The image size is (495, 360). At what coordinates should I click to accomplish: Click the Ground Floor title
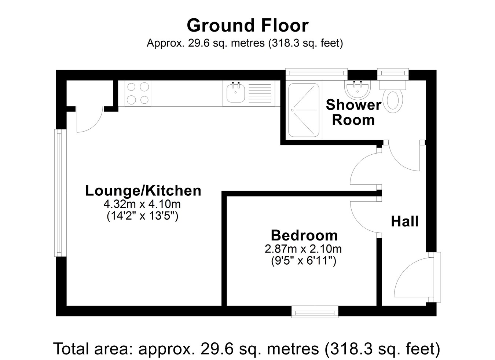(x=247, y=26)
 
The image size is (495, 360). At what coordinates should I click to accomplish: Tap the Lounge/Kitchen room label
(x=143, y=191)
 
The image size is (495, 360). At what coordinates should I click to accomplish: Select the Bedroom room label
(x=304, y=235)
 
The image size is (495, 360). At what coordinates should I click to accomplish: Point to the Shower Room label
(x=353, y=112)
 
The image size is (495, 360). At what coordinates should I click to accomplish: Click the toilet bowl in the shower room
(x=393, y=100)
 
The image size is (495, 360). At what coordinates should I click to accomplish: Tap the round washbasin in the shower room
(x=357, y=89)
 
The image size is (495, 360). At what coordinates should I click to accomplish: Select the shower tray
(x=304, y=110)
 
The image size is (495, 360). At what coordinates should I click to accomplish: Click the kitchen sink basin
(x=235, y=94)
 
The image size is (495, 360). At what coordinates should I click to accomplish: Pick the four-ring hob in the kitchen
(x=138, y=93)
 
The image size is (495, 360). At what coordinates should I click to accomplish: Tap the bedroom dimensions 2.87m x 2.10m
(x=303, y=249)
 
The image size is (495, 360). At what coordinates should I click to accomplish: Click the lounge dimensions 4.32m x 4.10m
(x=142, y=204)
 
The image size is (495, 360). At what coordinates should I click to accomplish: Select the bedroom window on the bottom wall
(x=315, y=312)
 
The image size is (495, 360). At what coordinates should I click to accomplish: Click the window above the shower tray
(x=316, y=74)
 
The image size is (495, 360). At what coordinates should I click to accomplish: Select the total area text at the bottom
(x=247, y=349)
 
